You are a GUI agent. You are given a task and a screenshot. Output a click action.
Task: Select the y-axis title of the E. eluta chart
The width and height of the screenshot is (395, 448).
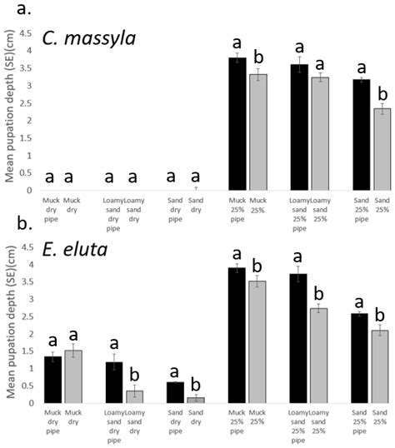(x=9, y=325)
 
